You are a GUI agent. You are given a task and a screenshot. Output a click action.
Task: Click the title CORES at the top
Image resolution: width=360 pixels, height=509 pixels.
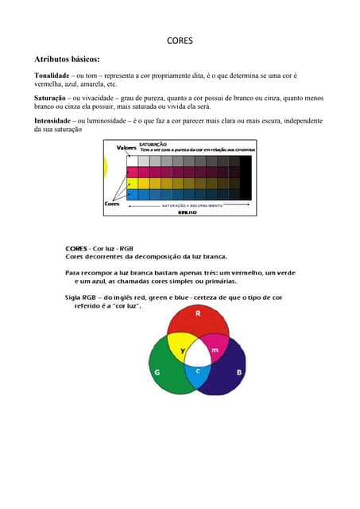[x=180, y=40]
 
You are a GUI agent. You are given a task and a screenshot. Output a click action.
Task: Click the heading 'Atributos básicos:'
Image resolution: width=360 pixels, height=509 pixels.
[x=67, y=59]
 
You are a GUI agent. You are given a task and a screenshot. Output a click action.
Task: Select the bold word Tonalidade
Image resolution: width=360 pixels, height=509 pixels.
[x=53, y=75]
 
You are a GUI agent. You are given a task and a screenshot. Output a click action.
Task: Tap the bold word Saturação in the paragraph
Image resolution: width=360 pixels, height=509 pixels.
[x=51, y=99]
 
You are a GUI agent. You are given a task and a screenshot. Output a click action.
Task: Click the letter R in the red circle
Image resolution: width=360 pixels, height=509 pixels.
[x=198, y=314]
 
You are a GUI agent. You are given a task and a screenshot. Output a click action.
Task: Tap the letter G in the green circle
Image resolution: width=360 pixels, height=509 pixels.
[x=157, y=371]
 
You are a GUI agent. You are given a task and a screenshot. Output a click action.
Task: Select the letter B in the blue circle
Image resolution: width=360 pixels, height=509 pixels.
[x=239, y=371]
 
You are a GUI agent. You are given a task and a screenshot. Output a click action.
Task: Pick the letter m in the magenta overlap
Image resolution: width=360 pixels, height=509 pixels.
[x=214, y=351]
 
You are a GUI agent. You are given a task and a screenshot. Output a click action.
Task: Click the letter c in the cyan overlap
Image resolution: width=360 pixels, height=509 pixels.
[x=198, y=371]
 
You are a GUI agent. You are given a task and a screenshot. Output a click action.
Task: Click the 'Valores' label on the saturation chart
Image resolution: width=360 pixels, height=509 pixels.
[x=126, y=148]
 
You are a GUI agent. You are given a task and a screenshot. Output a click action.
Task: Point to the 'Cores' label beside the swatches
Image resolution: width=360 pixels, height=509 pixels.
[x=112, y=204]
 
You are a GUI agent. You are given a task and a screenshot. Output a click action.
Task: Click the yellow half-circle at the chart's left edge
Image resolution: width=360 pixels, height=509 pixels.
[x=106, y=166]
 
